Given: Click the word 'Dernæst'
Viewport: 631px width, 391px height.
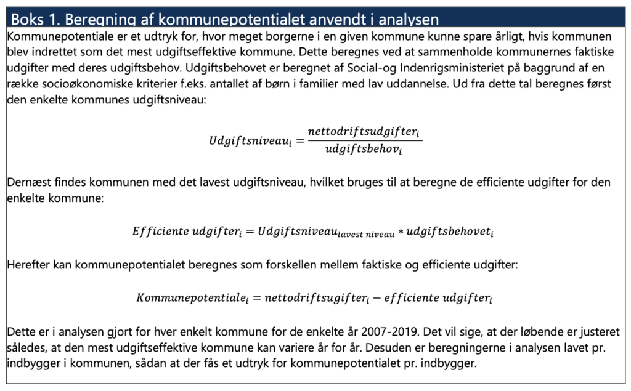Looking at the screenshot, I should tap(28, 183).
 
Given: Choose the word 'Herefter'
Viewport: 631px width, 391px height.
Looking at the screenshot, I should tap(28, 265).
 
